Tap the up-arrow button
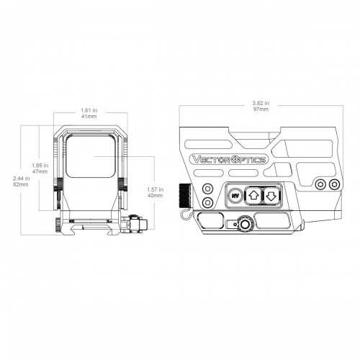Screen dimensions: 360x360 (253, 196)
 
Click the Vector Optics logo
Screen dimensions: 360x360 (228, 160)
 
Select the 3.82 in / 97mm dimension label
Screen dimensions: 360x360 (261, 106)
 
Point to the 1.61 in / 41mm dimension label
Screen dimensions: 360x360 (89, 113)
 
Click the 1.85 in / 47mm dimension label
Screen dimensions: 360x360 (40, 168)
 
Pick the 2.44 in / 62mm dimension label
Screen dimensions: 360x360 (22, 181)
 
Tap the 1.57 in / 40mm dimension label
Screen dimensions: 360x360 (156, 192)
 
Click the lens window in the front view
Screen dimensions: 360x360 (91, 156)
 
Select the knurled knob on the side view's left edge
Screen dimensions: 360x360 (185, 196)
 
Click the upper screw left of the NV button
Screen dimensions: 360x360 (207, 189)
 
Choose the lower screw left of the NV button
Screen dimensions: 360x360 (207, 203)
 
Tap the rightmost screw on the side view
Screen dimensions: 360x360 (334, 184)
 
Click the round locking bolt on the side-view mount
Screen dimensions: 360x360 (245, 223)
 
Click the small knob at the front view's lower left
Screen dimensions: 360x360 (58, 225)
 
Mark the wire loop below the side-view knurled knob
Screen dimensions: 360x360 (186, 213)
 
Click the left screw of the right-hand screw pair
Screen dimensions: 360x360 (320, 184)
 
